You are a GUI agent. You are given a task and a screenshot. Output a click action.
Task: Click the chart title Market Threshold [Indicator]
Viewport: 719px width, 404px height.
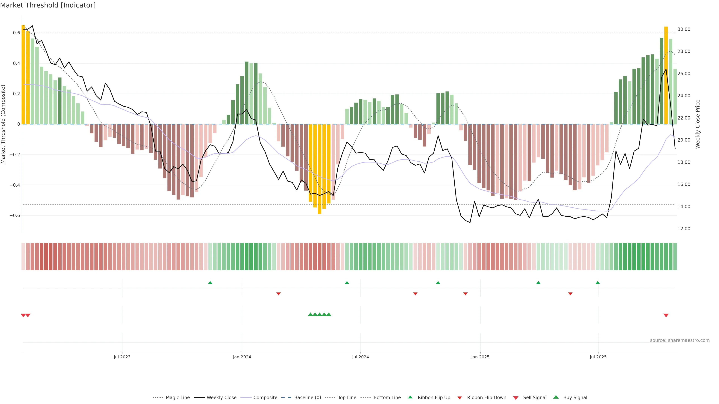coord(48,5)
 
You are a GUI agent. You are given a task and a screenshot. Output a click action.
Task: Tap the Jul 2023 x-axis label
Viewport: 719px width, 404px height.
coord(122,357)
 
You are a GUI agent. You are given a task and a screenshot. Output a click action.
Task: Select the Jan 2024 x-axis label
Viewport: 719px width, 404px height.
coord(242,357)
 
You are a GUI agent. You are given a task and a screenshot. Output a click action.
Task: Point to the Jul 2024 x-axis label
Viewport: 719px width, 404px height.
coord(360,357)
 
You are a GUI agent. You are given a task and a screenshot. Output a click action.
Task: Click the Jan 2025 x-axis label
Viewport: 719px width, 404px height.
coord(480,357)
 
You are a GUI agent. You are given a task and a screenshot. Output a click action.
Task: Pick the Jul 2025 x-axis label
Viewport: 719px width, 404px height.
coord(598,357)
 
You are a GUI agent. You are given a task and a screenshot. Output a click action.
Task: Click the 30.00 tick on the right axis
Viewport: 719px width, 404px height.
coord(684,29)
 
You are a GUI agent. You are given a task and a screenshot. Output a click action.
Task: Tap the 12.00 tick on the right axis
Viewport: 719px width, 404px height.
coord(684,229)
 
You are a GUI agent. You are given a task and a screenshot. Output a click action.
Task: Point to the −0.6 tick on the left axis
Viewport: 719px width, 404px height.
coord(15,215)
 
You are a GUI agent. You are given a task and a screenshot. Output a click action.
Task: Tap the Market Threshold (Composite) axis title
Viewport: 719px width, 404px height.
coord(3,124)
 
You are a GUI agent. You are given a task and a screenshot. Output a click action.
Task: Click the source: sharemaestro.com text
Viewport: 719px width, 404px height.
coord(680,340)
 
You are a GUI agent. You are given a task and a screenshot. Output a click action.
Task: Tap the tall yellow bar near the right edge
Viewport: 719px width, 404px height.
coord(666,75)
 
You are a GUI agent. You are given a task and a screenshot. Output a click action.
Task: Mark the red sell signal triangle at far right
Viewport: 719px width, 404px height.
coord(666,315)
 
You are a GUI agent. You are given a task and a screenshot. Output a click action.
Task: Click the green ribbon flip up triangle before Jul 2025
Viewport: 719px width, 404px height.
coord(598,283)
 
